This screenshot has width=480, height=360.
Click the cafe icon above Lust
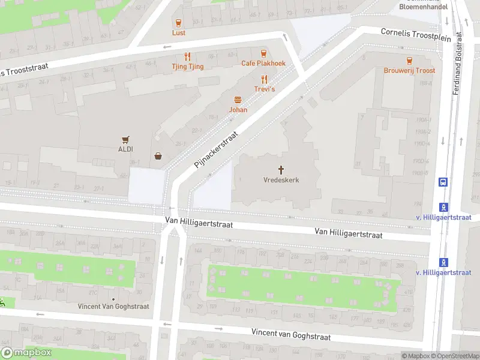click(x=178, y=23)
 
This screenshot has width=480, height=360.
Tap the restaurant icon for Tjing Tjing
click(x=188, y=57)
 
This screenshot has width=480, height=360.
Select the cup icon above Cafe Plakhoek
click(x=263, y=53)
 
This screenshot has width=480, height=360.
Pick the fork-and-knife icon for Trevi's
click(x=263, y=79)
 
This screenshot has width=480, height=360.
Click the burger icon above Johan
click(x=238, y=100)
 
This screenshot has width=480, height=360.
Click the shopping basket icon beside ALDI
click(x=158, y=156)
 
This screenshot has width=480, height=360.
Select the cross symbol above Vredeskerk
click(x=281, y=170)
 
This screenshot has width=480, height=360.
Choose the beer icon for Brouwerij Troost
click(x=409, y=61)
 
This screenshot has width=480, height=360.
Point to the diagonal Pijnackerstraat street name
click(x=216, y=150)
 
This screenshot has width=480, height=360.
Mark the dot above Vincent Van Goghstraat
click(x=113, y=298)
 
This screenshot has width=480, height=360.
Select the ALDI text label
click(x=125, y=149)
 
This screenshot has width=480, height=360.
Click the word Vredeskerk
click(x=281, y=180)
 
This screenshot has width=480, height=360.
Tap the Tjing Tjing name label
click(x=187, y=67)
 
